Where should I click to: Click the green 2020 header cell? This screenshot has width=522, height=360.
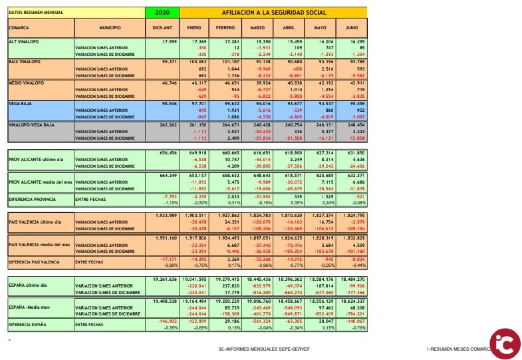[162, 12]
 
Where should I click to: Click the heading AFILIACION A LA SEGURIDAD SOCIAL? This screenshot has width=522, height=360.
[273, 12]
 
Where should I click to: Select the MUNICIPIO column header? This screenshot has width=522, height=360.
[110, 28]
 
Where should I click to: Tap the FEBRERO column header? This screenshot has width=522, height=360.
[225, 28]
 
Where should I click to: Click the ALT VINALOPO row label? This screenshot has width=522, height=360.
[23, 41]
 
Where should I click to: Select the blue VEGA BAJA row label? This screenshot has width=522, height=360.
[21, 104]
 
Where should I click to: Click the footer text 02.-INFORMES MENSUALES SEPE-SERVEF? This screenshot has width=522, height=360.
[264, 349]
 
